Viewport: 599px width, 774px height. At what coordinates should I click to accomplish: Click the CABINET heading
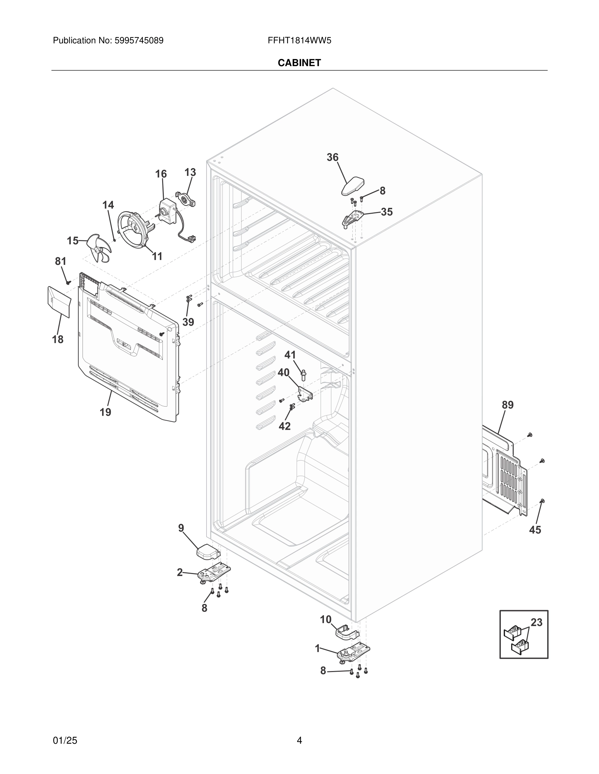pos(299,63)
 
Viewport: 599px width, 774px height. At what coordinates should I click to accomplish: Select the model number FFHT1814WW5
pos(299,41)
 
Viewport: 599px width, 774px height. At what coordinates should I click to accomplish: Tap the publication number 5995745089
pos(138,41)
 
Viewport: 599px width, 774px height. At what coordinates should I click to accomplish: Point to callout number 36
pos(332,157)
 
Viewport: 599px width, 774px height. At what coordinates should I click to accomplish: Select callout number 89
pos(507,405)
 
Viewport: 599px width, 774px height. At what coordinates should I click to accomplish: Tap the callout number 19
pos(105,412)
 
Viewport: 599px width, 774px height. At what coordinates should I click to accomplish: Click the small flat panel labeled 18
pos(59,301)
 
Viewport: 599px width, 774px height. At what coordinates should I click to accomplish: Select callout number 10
pos(325,619)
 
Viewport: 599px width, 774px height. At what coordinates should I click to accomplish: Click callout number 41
pos(290,354)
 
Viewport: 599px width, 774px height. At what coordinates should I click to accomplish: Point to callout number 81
pos(60,261)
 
